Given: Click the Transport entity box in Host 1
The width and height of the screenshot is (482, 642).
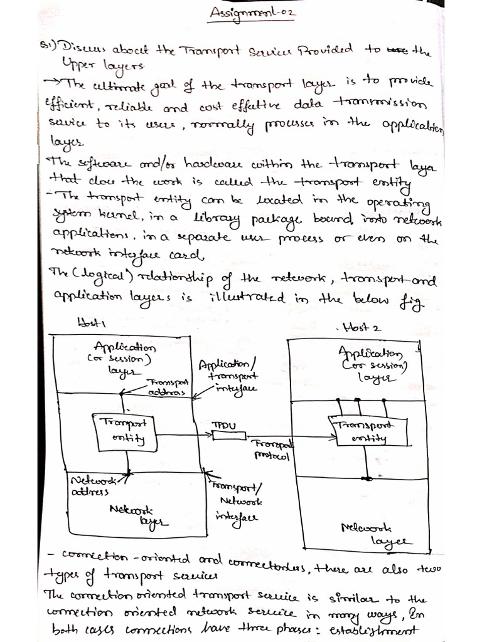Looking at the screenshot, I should click(x=126, y=431).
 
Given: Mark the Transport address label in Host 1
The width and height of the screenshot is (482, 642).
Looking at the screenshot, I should click(x=168, y=386).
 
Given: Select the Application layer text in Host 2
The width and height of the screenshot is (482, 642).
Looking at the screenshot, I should click(x=370, y=366).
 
